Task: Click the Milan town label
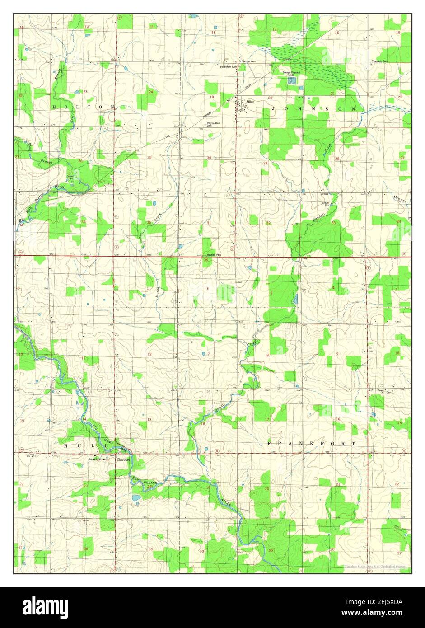tap(250, 102)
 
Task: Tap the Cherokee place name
tap(123, 460)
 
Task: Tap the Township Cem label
tap(379, 61)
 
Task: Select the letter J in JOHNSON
tap(274, 109)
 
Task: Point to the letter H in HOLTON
tap(54, 107)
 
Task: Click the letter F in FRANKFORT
tap(270, 444)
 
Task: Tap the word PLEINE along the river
tap(150, 483)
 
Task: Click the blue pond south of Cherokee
tap(135, 498)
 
